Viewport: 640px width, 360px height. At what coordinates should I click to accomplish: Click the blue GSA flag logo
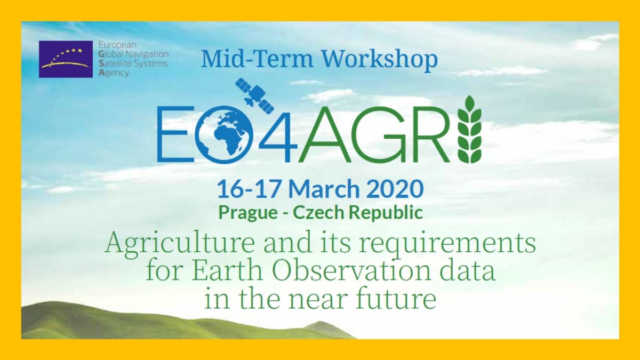(x=66, y=59)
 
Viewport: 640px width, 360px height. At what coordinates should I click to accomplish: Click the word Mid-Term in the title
(x=257, y=59)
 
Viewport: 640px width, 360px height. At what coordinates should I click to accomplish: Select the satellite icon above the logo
(x=254, y=95)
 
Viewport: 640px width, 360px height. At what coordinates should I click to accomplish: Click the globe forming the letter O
(x=223, y=135)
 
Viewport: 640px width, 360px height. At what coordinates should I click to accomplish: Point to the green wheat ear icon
(x=469, y=130)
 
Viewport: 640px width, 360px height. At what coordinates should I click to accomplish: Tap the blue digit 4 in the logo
(x=278, y=134)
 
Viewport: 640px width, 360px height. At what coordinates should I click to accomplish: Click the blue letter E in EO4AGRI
(x=174, y=134)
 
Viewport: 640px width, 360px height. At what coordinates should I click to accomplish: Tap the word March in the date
(x=324, y=189)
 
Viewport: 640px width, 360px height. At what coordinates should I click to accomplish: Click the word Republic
(x=386, y=213)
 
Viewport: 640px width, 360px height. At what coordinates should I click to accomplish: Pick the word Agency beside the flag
(x=114, y=73)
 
